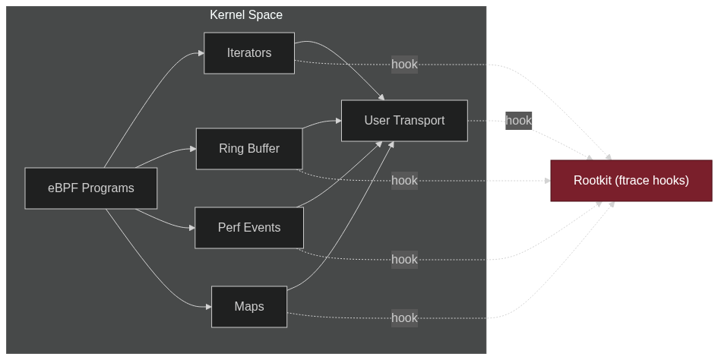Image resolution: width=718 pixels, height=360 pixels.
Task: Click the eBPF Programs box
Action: point(91,188)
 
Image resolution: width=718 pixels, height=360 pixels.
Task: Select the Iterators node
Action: point(249,53)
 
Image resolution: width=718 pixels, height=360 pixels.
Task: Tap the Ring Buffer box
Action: point(249,149)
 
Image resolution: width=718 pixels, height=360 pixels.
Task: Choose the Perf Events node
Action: point(249,228)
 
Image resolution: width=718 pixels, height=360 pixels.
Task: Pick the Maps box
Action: point(249,307)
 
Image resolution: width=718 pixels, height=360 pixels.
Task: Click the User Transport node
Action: point(404,121)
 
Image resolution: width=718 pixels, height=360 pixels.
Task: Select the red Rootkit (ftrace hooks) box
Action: point(631,181)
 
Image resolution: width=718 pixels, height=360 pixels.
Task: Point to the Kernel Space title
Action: point(246,15)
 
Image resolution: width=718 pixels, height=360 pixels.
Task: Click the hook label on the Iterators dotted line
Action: point(404,65)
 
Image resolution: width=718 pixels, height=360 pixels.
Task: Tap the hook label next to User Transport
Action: point(518,120)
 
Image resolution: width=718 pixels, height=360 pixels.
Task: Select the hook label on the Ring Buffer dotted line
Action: point(404,181)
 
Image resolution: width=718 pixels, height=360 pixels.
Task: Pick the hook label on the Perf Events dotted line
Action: point(404,260)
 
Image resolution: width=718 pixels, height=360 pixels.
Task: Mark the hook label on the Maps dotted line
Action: point(404,317)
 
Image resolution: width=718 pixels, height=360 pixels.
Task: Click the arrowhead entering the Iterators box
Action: point(201,53)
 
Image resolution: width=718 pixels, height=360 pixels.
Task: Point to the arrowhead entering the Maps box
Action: point(208,307)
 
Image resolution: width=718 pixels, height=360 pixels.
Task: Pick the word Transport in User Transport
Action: point(419,121)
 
